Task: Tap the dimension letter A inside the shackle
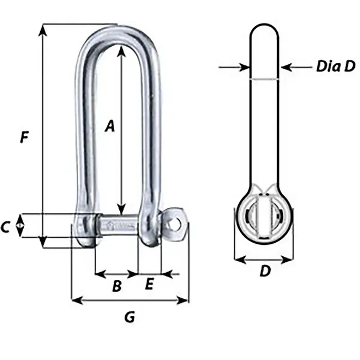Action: (x=109, y=127)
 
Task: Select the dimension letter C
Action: (x=7, y=227)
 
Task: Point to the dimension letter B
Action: (x=117, y=286)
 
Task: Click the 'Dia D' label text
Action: (x=335, y=66)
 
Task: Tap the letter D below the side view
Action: (x=264, y=271)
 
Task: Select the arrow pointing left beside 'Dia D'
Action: (x=285, y=67)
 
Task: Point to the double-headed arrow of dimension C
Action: (x=20, y=226)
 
